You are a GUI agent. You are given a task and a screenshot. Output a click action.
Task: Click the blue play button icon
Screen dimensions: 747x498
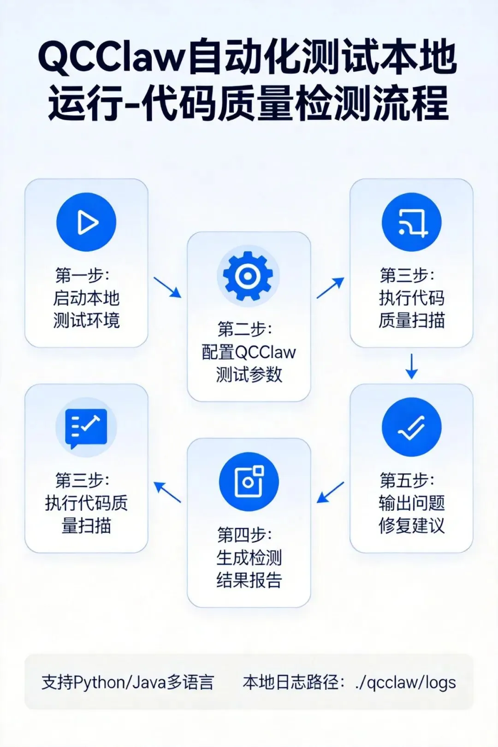click(86, 222)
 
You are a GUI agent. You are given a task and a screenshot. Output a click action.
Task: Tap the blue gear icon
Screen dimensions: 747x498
click(248, 276)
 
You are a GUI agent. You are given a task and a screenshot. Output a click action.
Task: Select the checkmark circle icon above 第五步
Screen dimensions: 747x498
click(411, 427)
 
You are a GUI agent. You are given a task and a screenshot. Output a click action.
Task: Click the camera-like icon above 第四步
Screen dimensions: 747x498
click(249, 481)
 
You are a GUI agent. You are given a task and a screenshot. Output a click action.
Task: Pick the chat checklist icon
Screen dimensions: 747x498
click(86, 427)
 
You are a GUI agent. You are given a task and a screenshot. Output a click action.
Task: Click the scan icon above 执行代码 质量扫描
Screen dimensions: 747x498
click(411, 222)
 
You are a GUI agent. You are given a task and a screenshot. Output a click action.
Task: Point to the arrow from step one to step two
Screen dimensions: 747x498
click(167, 287)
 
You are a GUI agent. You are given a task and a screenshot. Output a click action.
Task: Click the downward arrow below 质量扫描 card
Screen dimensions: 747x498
click(411, 366)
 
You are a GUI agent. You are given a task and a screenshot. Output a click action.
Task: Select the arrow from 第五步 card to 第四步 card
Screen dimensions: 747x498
click(330, 492)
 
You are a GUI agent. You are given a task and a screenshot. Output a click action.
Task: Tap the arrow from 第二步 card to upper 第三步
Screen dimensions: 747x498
click(330, 288)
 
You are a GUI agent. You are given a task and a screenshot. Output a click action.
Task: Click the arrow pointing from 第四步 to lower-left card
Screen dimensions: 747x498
click(167, 492)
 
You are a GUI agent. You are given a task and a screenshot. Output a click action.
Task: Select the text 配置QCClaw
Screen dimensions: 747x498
click(249, 352)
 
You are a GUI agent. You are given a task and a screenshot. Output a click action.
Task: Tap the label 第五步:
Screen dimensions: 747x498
click(407, 480)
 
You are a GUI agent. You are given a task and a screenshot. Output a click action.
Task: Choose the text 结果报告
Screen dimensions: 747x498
click(249, 580)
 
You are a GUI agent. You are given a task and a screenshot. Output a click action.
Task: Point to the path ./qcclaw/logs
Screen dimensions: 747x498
click(405, 682)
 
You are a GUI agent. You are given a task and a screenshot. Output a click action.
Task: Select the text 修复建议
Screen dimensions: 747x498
click(411, 525)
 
